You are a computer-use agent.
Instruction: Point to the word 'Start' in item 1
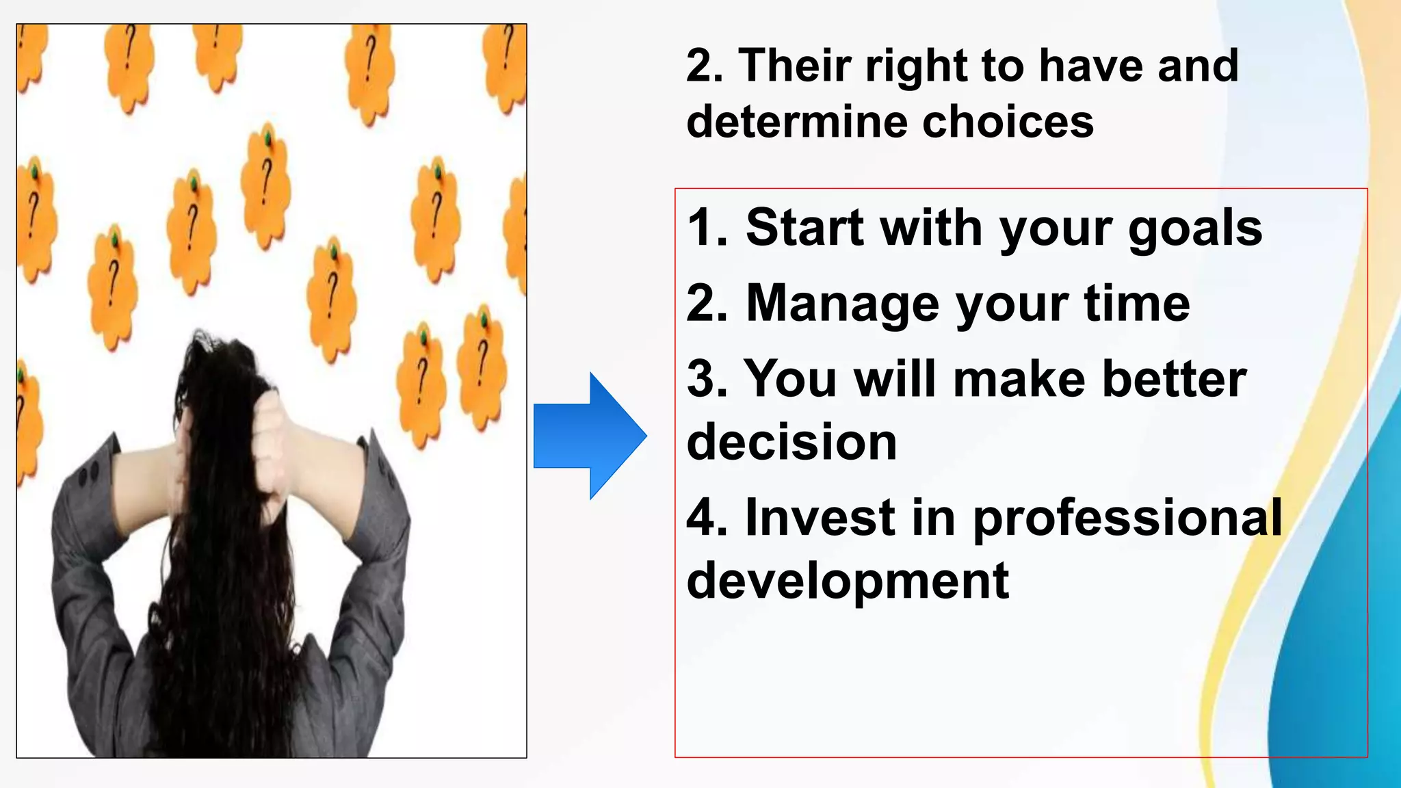click(804, 227)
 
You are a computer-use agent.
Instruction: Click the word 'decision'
click(791, 442)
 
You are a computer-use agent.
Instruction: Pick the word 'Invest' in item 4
click(820, 517)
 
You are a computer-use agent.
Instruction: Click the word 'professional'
click(1127, 518)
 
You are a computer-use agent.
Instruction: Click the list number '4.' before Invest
click(705, 517)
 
